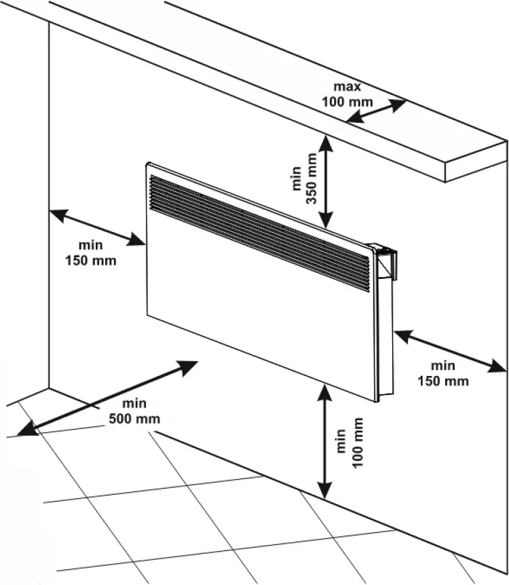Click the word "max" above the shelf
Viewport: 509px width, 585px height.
(347, 87)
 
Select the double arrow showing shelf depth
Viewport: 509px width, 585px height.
(377, 111)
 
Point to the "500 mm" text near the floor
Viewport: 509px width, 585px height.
(134, 419)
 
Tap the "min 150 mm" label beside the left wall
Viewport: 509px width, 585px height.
(90, 253)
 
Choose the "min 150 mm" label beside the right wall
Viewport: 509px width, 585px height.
(442, 374)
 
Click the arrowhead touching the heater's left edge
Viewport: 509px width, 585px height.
(139, 240)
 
